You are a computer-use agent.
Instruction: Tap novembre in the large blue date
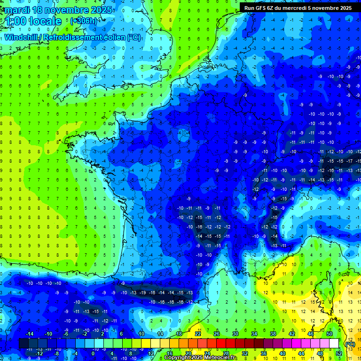click(59, 10)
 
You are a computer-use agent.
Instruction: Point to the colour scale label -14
click(30, 334)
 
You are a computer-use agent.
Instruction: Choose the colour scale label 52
click(338, 353)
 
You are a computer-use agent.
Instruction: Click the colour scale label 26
click(217, 334)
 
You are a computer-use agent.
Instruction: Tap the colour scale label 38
click(273, 334)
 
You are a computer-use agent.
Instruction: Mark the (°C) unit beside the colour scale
click(350, 344)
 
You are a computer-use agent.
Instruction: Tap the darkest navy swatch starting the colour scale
click(24, 344)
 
